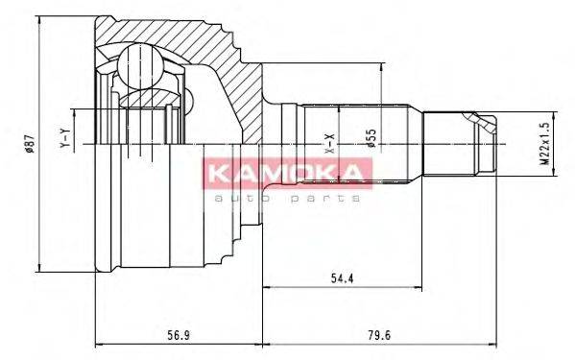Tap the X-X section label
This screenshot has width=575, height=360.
click(328, 144)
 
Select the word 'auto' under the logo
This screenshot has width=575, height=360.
click(236, 197)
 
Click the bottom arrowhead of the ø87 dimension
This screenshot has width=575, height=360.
click(38, 269)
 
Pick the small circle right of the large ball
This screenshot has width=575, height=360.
click(186, 95)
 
